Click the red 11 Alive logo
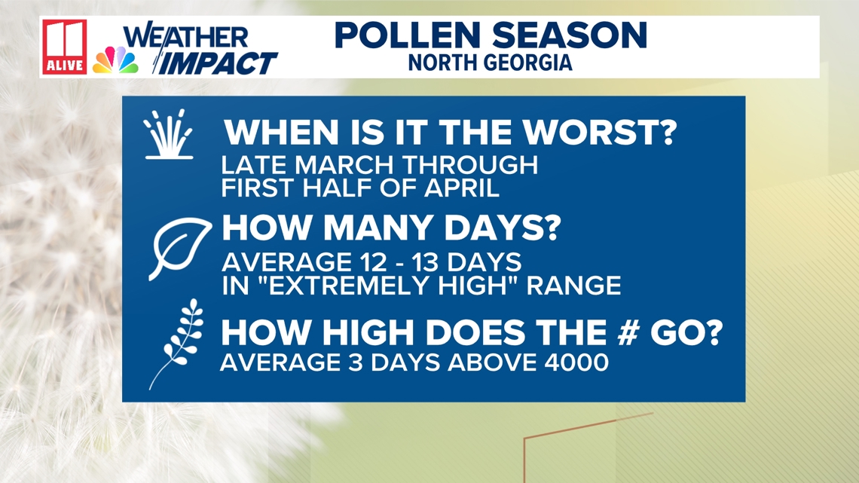coord(65,47)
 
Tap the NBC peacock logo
coord(115,60)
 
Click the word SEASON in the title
coord(569,35)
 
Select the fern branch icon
coord(177,344)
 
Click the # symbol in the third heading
coord(628,332)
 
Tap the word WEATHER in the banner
coord(185,38)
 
